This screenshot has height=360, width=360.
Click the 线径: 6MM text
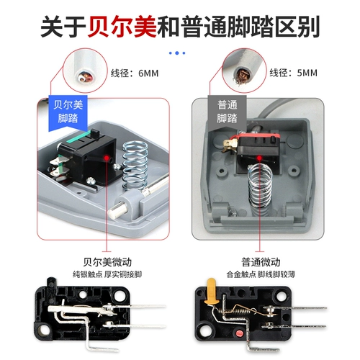(135, 73)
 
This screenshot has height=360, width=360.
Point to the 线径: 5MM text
(295, 73)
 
